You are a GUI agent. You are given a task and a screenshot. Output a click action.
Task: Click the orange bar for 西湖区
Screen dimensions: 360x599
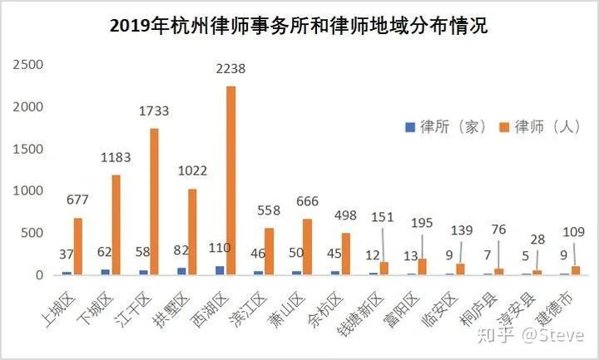tap(230, 180)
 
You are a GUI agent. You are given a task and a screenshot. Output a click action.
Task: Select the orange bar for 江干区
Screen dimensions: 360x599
tap(154, 201)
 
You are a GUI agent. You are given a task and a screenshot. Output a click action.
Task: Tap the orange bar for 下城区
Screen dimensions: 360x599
tap(116, 224)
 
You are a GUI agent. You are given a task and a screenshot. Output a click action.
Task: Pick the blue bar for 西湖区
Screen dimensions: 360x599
tap(219, 270)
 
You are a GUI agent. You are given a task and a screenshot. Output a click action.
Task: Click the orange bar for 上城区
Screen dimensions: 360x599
tap(77, 246)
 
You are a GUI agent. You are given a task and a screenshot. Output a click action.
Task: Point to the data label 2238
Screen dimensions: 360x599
tap(230, 69)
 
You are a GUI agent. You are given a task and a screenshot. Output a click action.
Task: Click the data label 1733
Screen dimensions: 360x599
tap(154, 111)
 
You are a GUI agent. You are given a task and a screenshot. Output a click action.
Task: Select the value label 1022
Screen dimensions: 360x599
tap(192, 171)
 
